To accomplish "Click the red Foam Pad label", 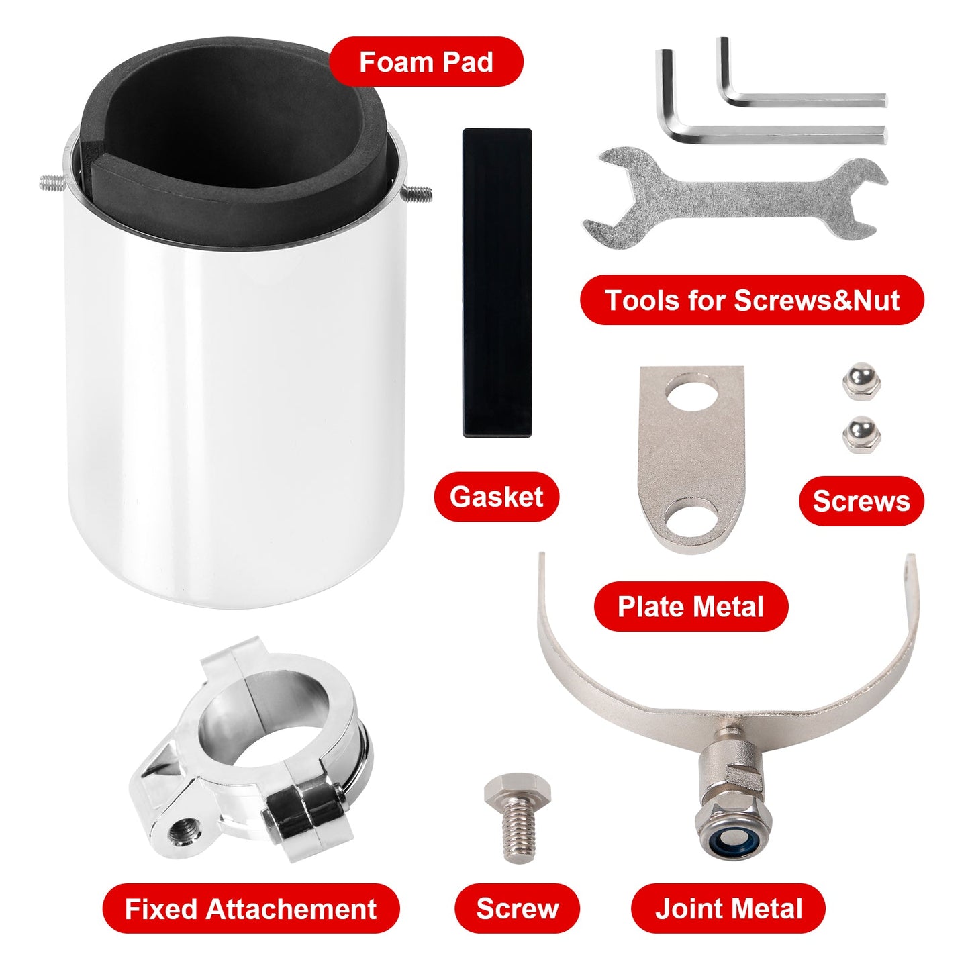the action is [x=426, y=61].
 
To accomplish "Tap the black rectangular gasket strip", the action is [x=497, y=283].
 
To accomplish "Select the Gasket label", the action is [x=496, y=496].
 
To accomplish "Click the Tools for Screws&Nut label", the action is [x=752, y=300].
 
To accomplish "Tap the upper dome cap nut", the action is [x=861, y=381].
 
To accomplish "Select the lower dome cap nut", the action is [x=861, y=435].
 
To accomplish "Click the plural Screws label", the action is [x=861, y=501].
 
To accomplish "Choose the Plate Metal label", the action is [x=691, y=606].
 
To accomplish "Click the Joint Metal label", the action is [x=728, y=909].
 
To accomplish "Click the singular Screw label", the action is [x=518, y=909].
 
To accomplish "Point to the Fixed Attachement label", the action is [x=250, y=909].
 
